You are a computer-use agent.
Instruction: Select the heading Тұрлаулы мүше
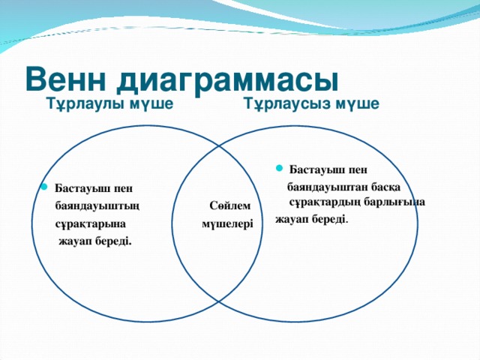pos(110,103)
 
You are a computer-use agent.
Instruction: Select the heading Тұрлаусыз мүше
pos(312,103)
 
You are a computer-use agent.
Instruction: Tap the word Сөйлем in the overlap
pos(225,205)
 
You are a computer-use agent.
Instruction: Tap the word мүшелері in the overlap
pos(227,223)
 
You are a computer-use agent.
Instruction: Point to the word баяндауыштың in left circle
pos(96,205)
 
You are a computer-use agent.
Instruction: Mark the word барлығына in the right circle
pos(394,201)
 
